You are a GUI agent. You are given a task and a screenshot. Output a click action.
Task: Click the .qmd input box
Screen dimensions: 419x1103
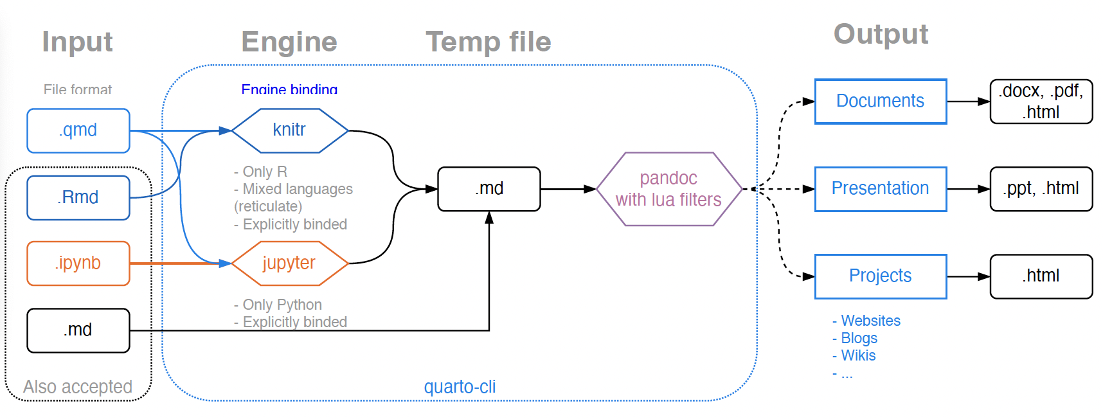78,130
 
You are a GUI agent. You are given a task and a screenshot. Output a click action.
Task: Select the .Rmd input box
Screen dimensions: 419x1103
78,197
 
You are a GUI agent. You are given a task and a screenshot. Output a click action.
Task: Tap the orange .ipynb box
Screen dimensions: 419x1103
78,263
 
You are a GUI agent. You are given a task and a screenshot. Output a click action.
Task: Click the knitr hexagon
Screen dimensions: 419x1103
289,130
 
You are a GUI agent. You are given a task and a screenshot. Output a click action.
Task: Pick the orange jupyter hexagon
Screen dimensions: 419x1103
289,263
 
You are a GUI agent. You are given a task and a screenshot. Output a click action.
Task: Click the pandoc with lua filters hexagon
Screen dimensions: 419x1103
668,189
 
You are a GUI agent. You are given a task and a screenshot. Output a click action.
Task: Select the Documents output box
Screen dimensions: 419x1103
880,101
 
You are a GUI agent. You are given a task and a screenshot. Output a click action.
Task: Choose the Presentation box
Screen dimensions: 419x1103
880,189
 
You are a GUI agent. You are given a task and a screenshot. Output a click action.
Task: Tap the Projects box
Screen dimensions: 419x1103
880,276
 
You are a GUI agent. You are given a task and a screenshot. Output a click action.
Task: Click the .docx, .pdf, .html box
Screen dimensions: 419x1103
1041,101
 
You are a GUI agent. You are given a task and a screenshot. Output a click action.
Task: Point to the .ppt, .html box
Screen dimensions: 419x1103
1041,189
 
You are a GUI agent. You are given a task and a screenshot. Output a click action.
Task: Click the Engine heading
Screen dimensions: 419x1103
289,42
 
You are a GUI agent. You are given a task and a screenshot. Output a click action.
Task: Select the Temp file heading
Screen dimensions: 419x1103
489,42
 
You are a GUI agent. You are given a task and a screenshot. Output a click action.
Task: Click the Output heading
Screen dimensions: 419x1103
881,34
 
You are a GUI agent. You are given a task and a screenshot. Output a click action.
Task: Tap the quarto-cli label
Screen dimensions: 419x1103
460,387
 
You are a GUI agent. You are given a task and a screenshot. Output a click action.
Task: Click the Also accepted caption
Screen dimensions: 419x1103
78,387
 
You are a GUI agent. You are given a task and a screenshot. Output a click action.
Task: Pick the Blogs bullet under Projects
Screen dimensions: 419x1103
859,338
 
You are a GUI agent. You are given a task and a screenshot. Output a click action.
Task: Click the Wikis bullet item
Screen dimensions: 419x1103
858,355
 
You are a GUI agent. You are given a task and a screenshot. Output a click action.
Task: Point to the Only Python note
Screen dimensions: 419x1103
282,305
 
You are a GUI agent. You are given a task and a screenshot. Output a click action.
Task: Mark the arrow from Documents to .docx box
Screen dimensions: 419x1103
968,102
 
